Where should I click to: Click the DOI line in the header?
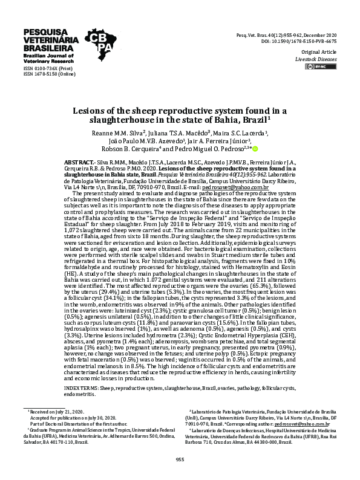coord(306,42)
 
